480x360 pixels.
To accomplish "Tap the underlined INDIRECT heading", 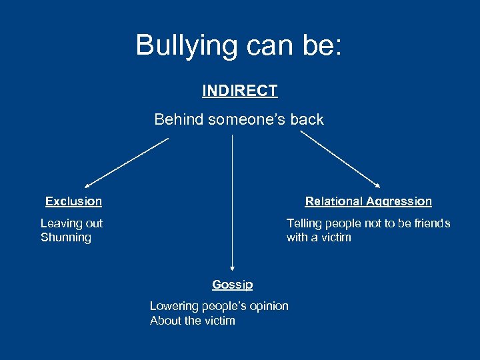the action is [x=240, y=91].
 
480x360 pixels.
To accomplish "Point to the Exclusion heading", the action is [x=73, y=201].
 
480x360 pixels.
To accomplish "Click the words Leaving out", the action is [x=71, y=223].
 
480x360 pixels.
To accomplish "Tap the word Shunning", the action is [x=65, y=237].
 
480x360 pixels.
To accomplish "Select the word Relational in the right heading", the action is [x=333, y=201].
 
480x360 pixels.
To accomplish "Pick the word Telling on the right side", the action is [x=304, y=223].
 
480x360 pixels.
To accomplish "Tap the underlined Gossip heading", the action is [x=232, y=285].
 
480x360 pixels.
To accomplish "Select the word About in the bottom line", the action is [x=165, y=321].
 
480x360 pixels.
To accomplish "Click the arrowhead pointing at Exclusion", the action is [x=87, y=185].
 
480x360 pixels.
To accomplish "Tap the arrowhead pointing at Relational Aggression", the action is [x=379, y=186].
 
